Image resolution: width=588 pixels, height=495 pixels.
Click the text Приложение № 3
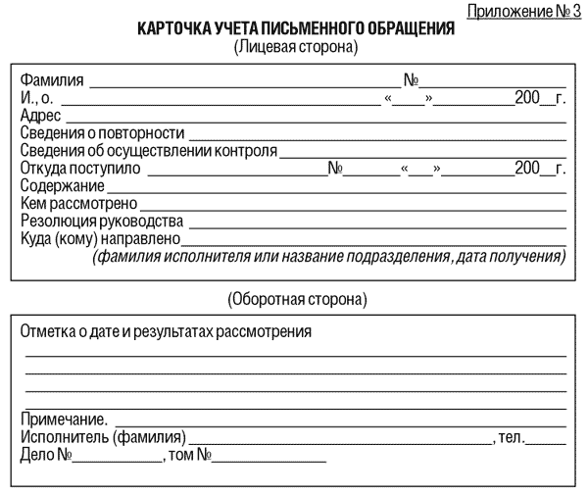click(x=523, y=12)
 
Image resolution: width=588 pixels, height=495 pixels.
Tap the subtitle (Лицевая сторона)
click(x=295, y=46)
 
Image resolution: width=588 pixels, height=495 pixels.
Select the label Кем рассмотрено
click(x=79, y=204)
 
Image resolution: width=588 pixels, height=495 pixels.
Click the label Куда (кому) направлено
click(x=100, y=239)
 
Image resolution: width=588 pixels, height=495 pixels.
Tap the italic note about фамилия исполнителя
click(x=329, y=257)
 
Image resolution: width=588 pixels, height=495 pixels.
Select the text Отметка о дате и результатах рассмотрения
click(x=167, y=331)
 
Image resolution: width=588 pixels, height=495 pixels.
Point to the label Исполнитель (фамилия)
click(x=103, y=437)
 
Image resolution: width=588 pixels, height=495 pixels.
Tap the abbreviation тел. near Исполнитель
click(x=513, y=437)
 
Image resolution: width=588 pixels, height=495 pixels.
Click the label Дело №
click(x=48, y=455)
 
